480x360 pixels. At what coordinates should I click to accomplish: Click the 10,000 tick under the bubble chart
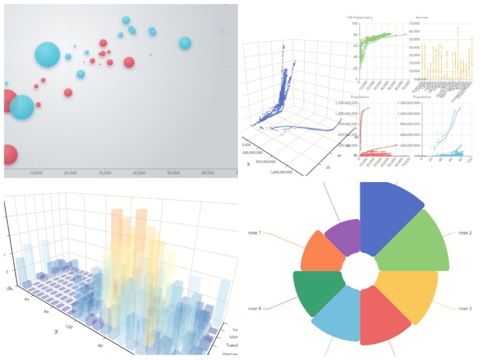(x=36, y=173)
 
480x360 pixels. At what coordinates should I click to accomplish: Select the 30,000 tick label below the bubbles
(x=105, y=173)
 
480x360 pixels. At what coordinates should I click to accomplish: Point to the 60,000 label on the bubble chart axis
(x=208, y=173)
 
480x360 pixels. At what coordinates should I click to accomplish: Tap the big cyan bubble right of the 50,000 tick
(x=185, y=43)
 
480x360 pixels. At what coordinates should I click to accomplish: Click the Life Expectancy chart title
(x=360, y=17)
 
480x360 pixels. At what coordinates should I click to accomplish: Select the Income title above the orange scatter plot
(x=422, y=17)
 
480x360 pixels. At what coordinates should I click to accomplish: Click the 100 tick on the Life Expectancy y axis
(x=355, y=23)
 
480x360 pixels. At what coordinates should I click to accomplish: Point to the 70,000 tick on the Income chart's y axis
(x=414, y=23)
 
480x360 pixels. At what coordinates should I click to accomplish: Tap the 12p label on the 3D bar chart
(x=69, y=326)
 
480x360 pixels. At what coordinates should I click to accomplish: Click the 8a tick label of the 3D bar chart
(x=46, y=312)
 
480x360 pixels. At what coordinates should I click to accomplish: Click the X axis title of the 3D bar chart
(x=56, y=332)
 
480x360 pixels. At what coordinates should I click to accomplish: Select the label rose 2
(x=465, y=233)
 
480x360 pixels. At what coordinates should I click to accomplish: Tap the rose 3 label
(x=465, y=309)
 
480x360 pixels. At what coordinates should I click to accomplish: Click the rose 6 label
(x=255, y=309)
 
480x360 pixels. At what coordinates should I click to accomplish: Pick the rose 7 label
(x=255, y=233)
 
